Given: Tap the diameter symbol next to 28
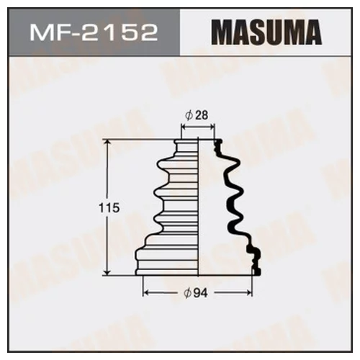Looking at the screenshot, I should pyautogui.click(x=189, y=114).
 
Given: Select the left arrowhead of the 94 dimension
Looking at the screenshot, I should pyautogui.click(x=146, y=294).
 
